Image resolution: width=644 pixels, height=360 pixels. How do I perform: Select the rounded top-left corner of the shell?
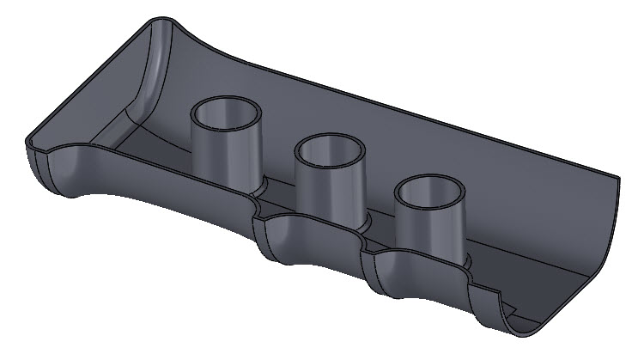(x=158, y=21)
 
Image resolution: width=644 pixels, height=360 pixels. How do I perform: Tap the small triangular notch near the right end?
(x=508, y=303)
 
